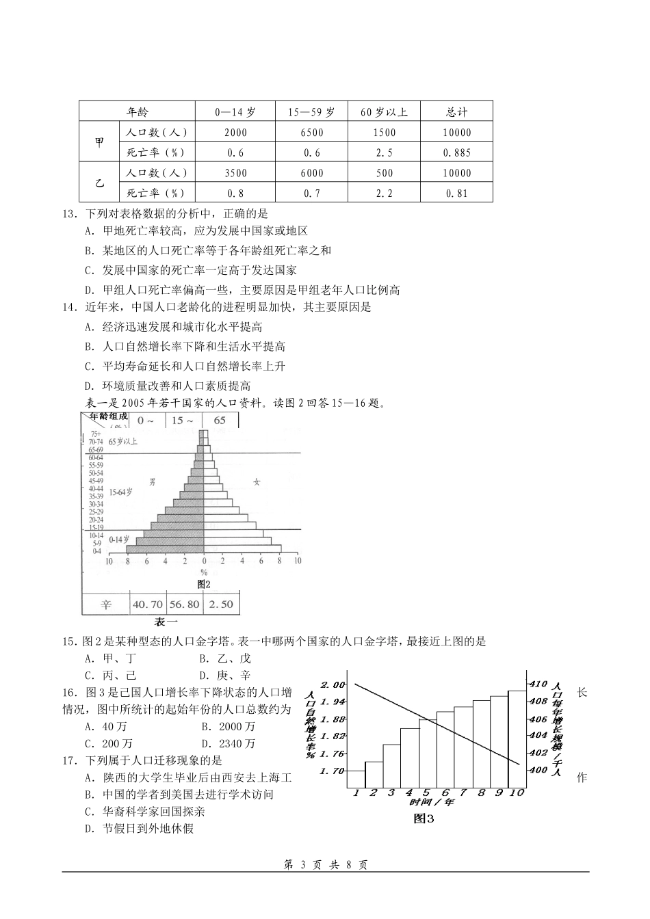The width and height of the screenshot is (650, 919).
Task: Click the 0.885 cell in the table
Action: click(456, 152)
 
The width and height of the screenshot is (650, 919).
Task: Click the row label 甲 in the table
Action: click(100, 142)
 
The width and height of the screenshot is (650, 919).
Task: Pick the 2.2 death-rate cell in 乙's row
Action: click(385, 194)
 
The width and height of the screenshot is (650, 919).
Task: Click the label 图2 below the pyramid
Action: click(203, 584)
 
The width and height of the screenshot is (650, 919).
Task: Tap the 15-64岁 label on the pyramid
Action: click(120, 492)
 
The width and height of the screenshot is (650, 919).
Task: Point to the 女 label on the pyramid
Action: click(257, 482)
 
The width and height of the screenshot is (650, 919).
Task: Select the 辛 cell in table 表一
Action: click(106, 604)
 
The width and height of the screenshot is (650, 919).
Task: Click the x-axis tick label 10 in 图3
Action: click(516, 793)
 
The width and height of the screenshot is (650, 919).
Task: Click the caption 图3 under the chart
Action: click(424, 818)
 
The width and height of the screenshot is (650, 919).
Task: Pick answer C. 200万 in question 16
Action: click(109, 744)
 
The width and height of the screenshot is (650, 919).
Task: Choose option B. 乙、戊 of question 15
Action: click(226, 659)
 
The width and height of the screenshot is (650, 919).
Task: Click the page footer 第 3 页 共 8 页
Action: click(325, 865)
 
